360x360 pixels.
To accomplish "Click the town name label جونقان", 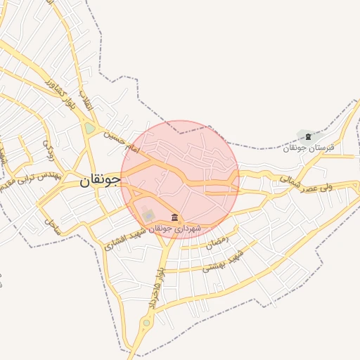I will coord(101,179).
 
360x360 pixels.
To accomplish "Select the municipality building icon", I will coord(174,217).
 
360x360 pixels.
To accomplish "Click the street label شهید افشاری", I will coord(125,239).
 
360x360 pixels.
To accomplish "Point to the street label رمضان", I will coord(218,244).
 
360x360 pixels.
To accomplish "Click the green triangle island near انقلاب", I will coord(90,128).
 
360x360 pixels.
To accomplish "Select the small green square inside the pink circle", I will coord(148,213).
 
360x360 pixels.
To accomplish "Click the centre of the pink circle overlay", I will coord(180,179).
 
